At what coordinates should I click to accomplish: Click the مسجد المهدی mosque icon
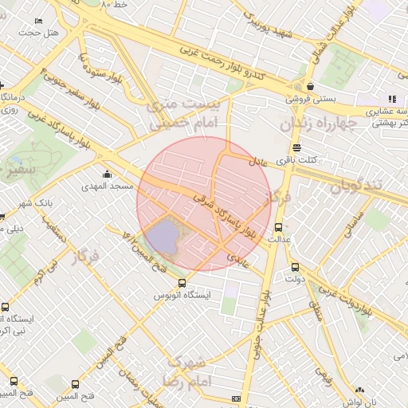click(x=108, y=175)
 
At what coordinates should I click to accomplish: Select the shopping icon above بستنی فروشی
click(x=309, y=87)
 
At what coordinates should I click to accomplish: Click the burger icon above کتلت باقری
click(x=296, y=147)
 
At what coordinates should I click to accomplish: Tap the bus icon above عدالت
click(x=279, y=226)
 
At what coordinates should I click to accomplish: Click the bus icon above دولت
click(x=296, y=268)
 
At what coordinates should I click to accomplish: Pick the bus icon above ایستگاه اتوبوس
click(x=182, y=283)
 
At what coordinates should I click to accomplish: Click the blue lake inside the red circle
click(x=164, y=237)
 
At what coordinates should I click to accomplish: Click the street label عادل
click(x=261, y=160)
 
